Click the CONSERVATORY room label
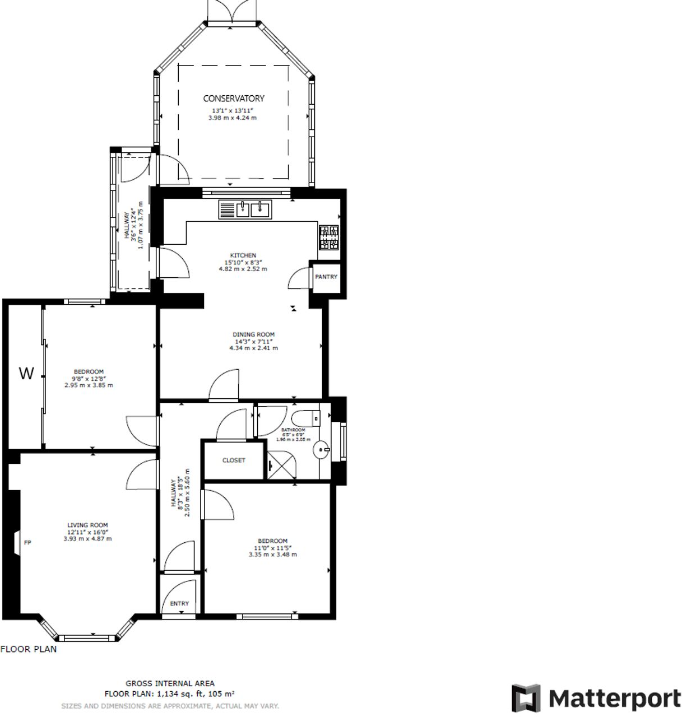(233, 99)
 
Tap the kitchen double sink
(253, 209)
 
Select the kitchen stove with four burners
(329, 237)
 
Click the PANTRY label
(326, 277)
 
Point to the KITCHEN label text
(243, 255)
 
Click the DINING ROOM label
(253, 334)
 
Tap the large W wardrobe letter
(26, 374)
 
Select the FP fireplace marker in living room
(27, 543)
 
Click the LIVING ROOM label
(87, 525)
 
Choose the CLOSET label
(234, 460)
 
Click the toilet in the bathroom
(305, 418)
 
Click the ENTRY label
(179, 603)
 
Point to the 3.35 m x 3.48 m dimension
(272, 555)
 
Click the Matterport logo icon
(526, 698)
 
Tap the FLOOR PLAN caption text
(29, 649)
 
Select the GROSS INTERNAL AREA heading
(170, 683)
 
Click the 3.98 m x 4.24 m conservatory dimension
(232, 118)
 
